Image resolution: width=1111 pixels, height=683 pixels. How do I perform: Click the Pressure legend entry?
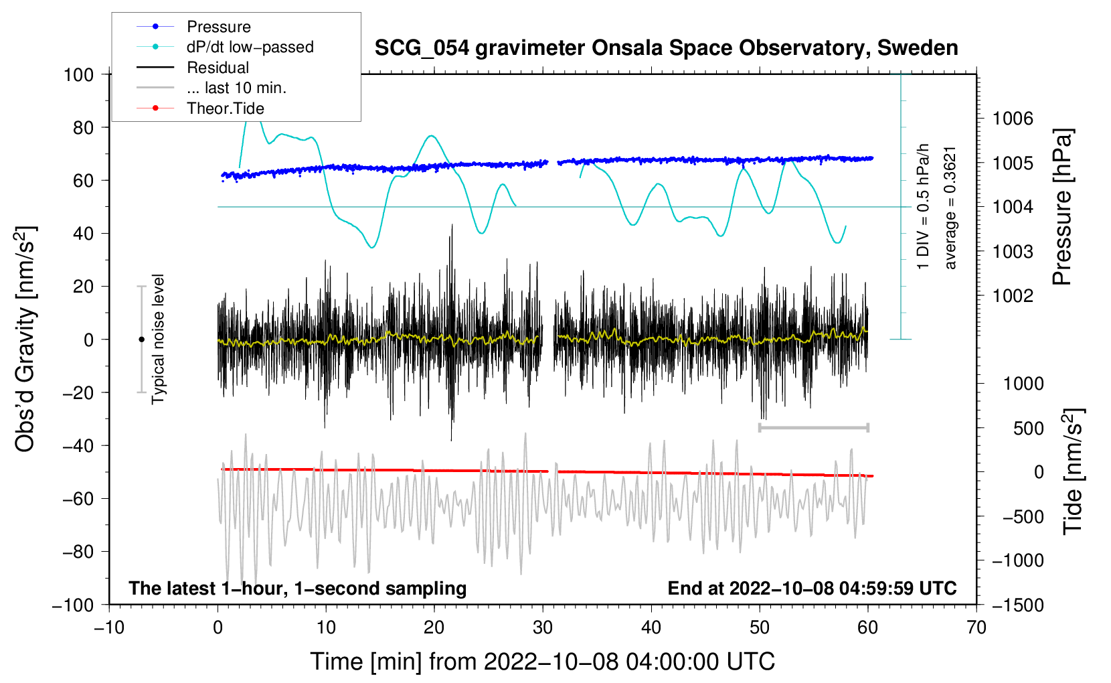click(x=218, y=27)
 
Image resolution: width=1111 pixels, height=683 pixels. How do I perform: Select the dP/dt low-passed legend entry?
click(x=250, y=47)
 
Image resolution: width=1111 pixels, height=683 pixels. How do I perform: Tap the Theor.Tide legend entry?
click(x=225, y=108)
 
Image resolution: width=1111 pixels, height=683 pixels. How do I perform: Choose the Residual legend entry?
click(x=218, y=68)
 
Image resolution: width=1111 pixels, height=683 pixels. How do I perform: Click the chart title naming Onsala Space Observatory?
click(x=666, y=48)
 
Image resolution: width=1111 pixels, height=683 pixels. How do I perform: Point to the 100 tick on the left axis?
click(x=79, y=74)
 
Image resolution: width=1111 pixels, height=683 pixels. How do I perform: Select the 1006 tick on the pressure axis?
click(x=1013, y=119)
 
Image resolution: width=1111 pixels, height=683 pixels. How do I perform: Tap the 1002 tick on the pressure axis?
click(x=1013, y=296)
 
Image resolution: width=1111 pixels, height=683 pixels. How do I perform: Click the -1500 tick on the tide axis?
click(x=1017, y=605)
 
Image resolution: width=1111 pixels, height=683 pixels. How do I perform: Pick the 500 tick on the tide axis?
click(x=1028, y=429)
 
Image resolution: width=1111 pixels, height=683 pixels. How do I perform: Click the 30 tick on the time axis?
click(x=543, y=628)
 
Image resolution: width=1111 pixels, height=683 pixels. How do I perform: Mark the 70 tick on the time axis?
click(x=976, y=628)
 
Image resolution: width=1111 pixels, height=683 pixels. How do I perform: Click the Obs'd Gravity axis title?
click(x=25, y=339)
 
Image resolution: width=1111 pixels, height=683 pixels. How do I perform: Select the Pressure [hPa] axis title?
click(x=1062, y=208)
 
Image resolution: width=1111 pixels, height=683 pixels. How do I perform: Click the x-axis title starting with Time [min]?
click(x=542, y=662)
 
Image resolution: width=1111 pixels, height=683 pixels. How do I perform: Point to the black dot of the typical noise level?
click(x=141, y=339)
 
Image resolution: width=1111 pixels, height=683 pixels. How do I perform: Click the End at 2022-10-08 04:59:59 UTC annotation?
click(x=812, y=589)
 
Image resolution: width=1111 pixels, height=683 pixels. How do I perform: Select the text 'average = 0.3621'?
click(x=950, y=208)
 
